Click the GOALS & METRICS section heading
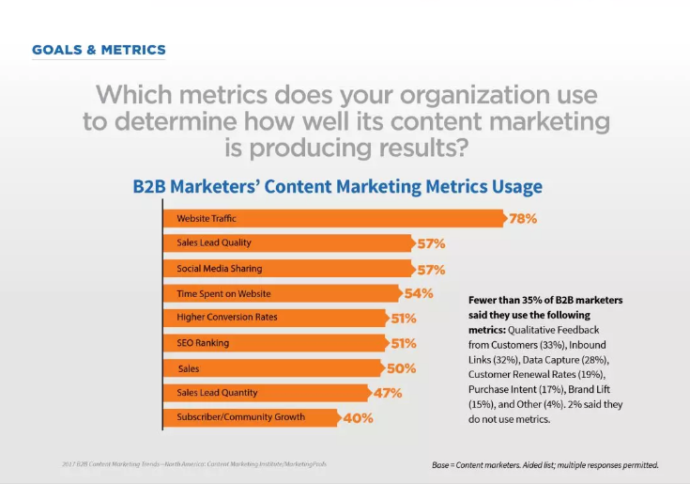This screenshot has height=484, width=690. point(99,50)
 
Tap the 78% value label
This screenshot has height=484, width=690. point(522,219)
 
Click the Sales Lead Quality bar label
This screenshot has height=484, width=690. point(214,243)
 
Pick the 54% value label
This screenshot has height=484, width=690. point(419,293)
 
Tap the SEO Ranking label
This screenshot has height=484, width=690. point(203,342)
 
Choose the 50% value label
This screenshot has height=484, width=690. point(401,367)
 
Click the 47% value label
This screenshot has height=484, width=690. point(388,393)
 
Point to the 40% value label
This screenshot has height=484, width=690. point(358,417)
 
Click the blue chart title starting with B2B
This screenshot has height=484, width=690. point(337,186)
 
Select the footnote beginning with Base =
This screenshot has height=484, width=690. point(545,464)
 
